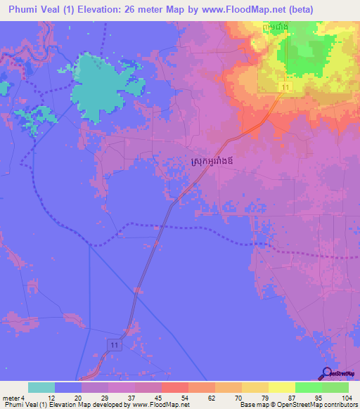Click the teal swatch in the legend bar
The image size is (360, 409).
pyautogui.click(x=41, y=387)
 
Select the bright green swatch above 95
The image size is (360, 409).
pyautogui.click(x=308, y=387)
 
